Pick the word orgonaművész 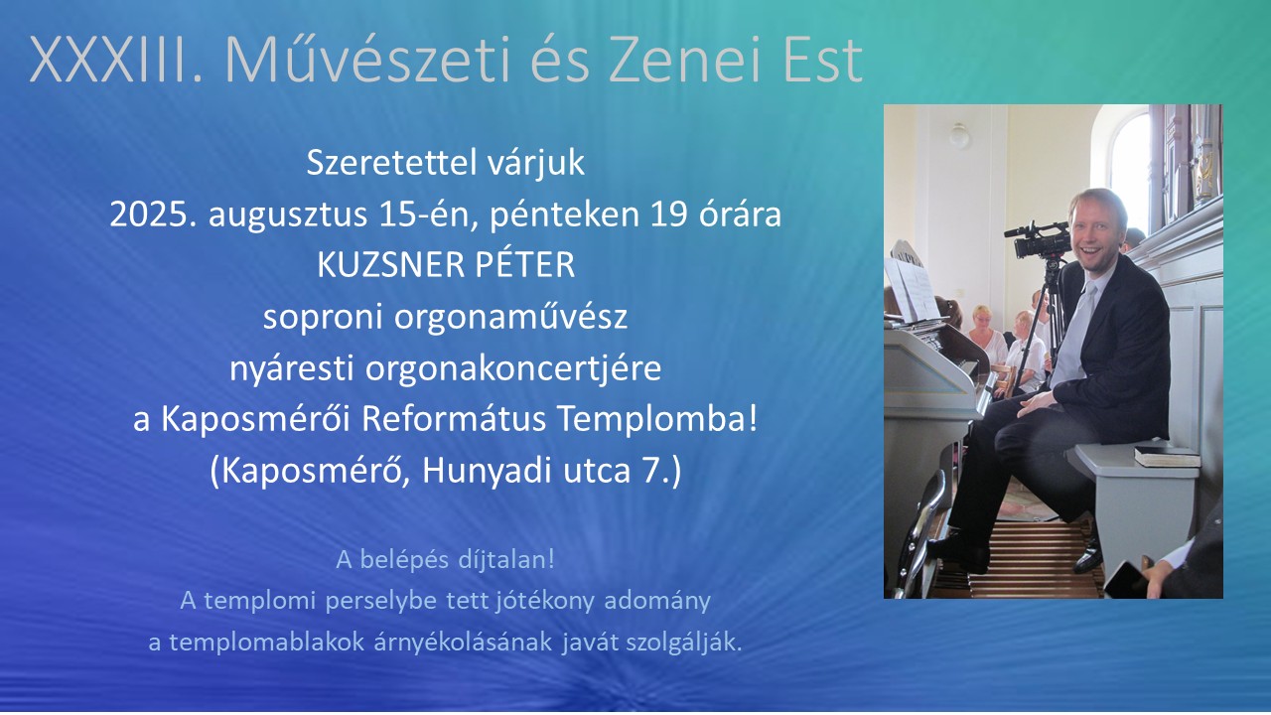click(x=511, y=317)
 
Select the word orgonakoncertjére click(x=513, y=368)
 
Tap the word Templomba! click(x=657, y=420)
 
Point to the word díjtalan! click(x=506, y=560)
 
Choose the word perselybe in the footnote click(x=380, y=602)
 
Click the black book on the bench click(x=1167, y=456)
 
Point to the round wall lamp click(x=959, y=136)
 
